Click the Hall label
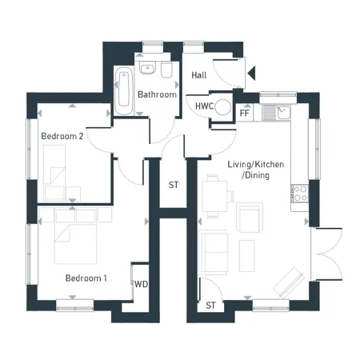tap(199, 75)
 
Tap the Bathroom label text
tap(157, 94)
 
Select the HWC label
tap(205, 106)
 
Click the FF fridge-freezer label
tap(245, 113)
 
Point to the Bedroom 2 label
tap(62, 136)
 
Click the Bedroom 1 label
tap(86, 278)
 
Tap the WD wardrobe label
tap(141, 284)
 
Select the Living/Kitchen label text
tap(256, 164)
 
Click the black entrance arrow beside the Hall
tap(251, 73)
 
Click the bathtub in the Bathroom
tap(124, 90)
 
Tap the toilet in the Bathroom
tap(166, 70)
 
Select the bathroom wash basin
tap(147, 68)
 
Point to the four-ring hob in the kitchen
tap(300, 194)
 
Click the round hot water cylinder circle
tap(223, 107)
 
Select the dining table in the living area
tap(214, 196)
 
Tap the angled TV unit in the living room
tap(289, 282)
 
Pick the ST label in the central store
tap(174, 185)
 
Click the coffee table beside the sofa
tap(246, 256)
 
